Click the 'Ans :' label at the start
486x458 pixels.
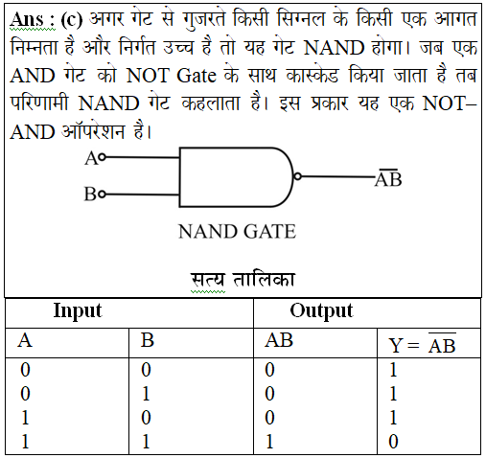pos(32,20)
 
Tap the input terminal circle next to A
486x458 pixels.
pos(102,157)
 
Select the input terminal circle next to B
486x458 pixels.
pos(102,194)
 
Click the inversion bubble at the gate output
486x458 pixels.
pos(297,176)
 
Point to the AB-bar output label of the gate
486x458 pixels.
pos(388,178)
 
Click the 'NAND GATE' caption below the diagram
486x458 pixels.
pos(237,232)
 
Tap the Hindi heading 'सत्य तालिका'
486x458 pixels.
pos(243,280)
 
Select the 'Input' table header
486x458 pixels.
pos(78,310)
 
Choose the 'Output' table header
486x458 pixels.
pos(321,310)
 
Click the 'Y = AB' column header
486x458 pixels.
pos(422,343)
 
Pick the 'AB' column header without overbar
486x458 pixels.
pos(279,340)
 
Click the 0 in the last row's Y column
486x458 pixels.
pos(393,442)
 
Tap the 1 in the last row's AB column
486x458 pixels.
pos(270,442)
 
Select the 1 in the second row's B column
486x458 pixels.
pos(146,394)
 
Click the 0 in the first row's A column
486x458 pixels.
pos(25,370)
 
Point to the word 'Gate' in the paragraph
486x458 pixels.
pos(197,76)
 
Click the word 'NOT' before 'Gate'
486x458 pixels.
pos(148,76)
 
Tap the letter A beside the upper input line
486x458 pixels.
pos(91,158)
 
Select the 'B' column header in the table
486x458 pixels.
pos(148,340)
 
